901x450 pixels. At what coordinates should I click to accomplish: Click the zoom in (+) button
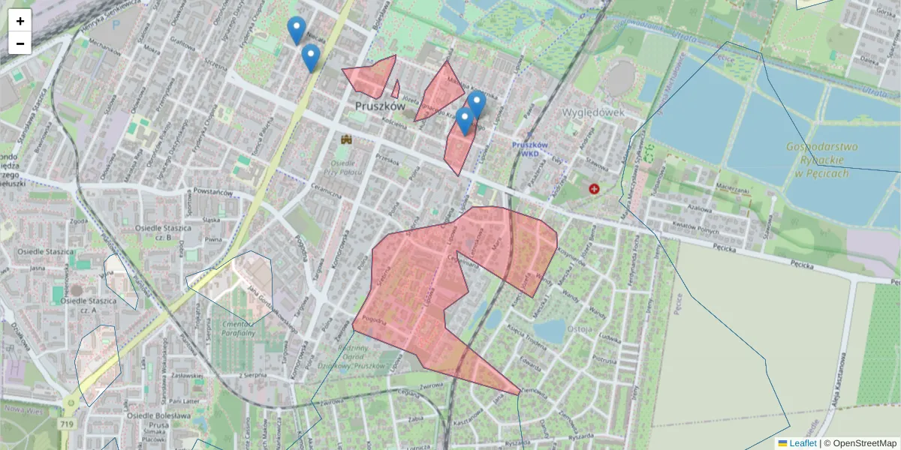coord(20,21)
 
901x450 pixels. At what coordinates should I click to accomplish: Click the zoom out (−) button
coord(20,43)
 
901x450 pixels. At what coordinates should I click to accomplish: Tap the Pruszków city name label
coord(379,106)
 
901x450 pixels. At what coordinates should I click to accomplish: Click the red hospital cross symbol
coord(595,189)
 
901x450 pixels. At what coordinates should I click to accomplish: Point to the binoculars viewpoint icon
coord(347,139)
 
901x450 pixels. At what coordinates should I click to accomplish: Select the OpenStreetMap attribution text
coord(864,443)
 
